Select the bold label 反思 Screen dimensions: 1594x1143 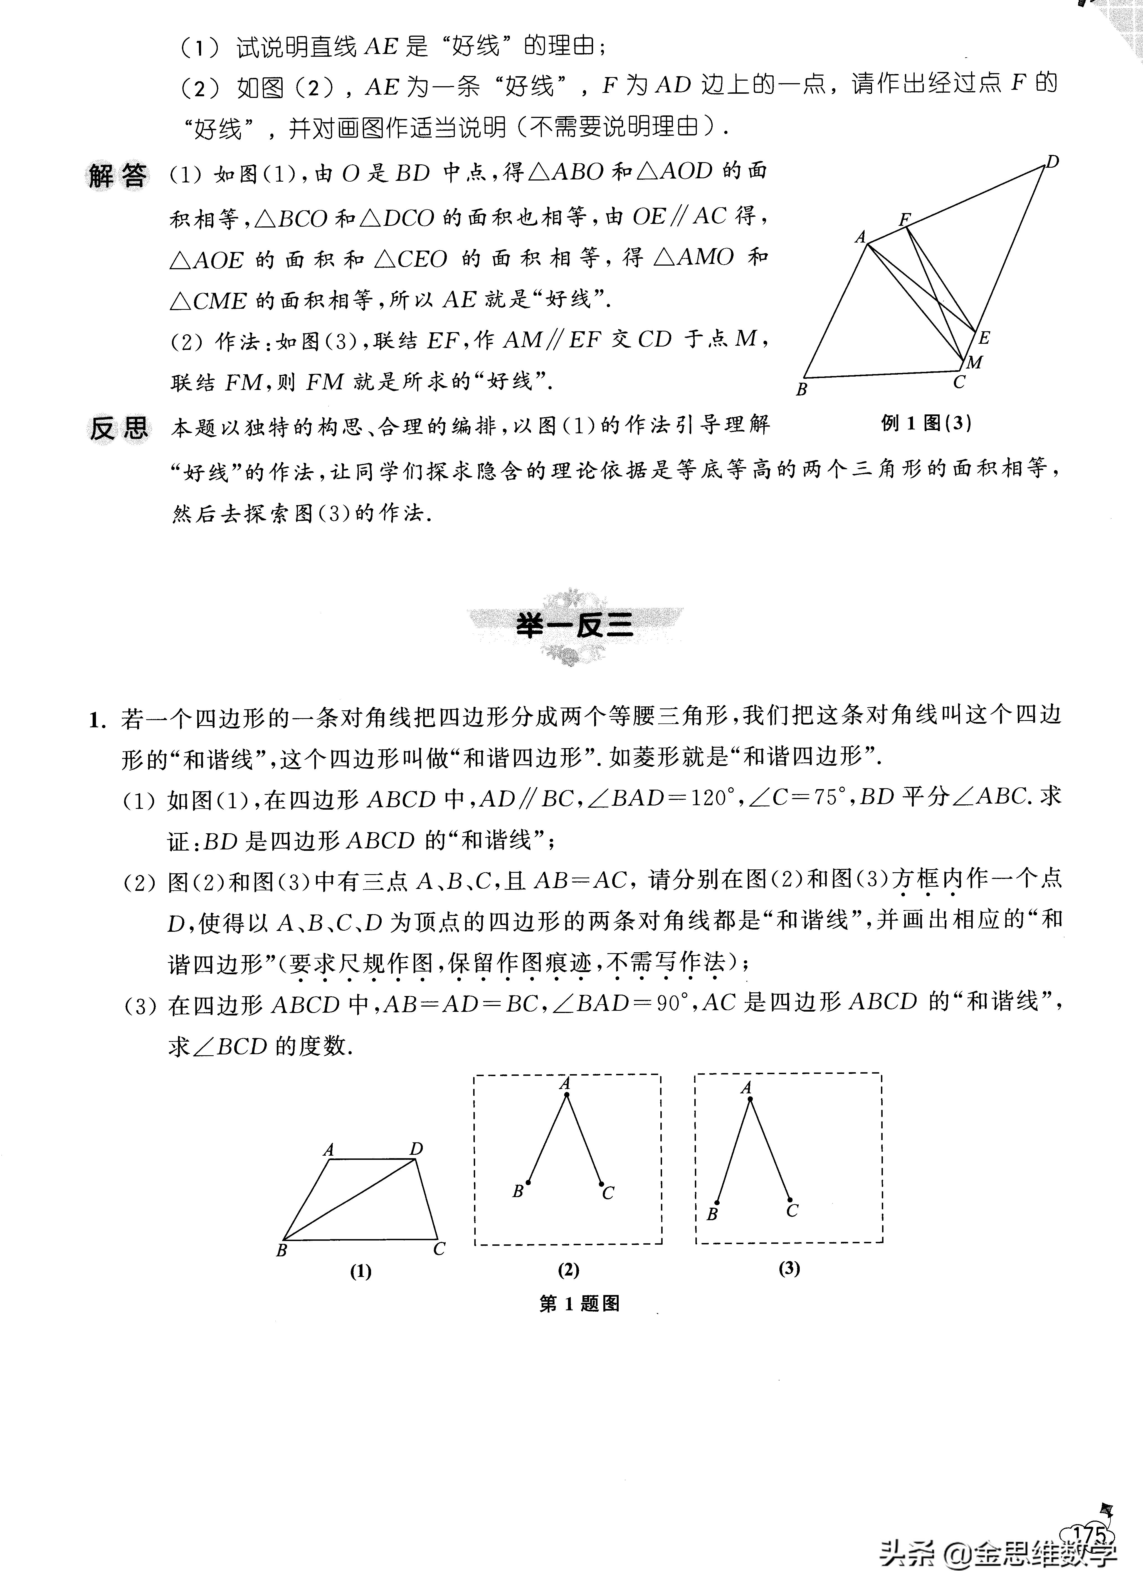[118, 427]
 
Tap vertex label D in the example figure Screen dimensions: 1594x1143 [1051, 162]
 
